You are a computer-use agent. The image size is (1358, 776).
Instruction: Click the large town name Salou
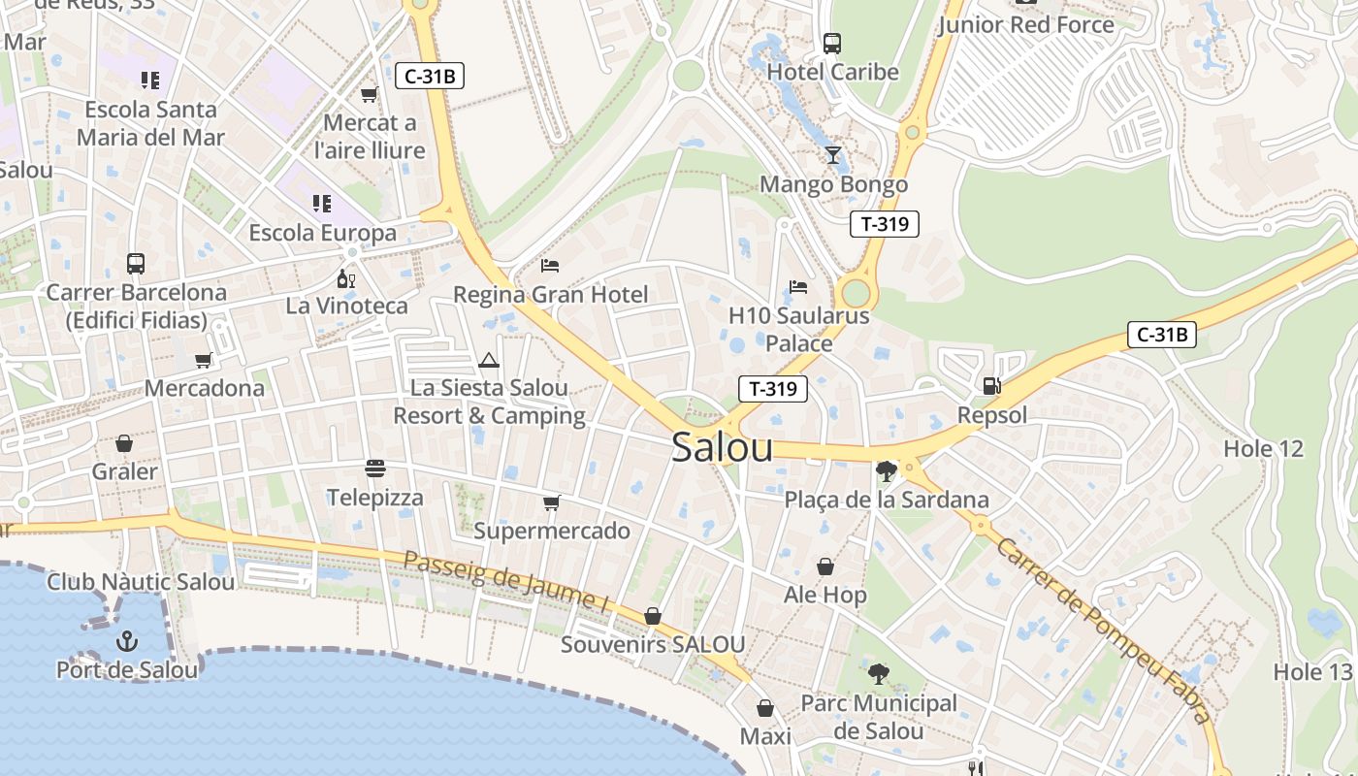(x=723, y=448)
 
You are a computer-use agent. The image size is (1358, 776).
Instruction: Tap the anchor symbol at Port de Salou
(x=126, y=641)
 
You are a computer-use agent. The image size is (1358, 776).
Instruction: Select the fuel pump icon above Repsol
(x=991, y=386)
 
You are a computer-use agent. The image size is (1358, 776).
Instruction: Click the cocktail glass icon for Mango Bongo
(x=833, y=155)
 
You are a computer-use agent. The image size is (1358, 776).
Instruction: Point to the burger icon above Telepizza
(x=375, y=469)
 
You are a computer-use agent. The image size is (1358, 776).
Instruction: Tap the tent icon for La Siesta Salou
(x=488, y=361)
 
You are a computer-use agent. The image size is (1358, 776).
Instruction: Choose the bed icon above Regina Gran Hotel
(x=550, y=265)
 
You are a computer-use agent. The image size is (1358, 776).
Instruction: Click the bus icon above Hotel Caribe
(x=832, y=44)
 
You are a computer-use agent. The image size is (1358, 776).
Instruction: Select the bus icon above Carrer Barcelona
(x=136, y=264)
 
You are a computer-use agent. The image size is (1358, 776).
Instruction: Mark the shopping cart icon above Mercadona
(x=204, y=361)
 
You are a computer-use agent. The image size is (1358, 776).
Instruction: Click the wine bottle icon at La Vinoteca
(x=345, y=278)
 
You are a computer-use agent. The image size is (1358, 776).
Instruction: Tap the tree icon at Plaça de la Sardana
(x=886, y=471)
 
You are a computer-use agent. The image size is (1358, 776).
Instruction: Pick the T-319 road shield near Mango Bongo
(x=884, y=224)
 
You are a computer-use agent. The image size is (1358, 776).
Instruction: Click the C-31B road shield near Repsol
(x=1162, y=336)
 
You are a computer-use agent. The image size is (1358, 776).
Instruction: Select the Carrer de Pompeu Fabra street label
(x=1103, y=631)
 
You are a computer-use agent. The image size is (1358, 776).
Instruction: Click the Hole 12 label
(x=1263, y=449)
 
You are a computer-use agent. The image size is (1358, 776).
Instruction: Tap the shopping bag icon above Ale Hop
(x=825, y=566)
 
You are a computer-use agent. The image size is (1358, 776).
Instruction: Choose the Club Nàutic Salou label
(x=141, y=582)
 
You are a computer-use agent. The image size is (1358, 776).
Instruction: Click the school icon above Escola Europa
(x=321, y=204)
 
